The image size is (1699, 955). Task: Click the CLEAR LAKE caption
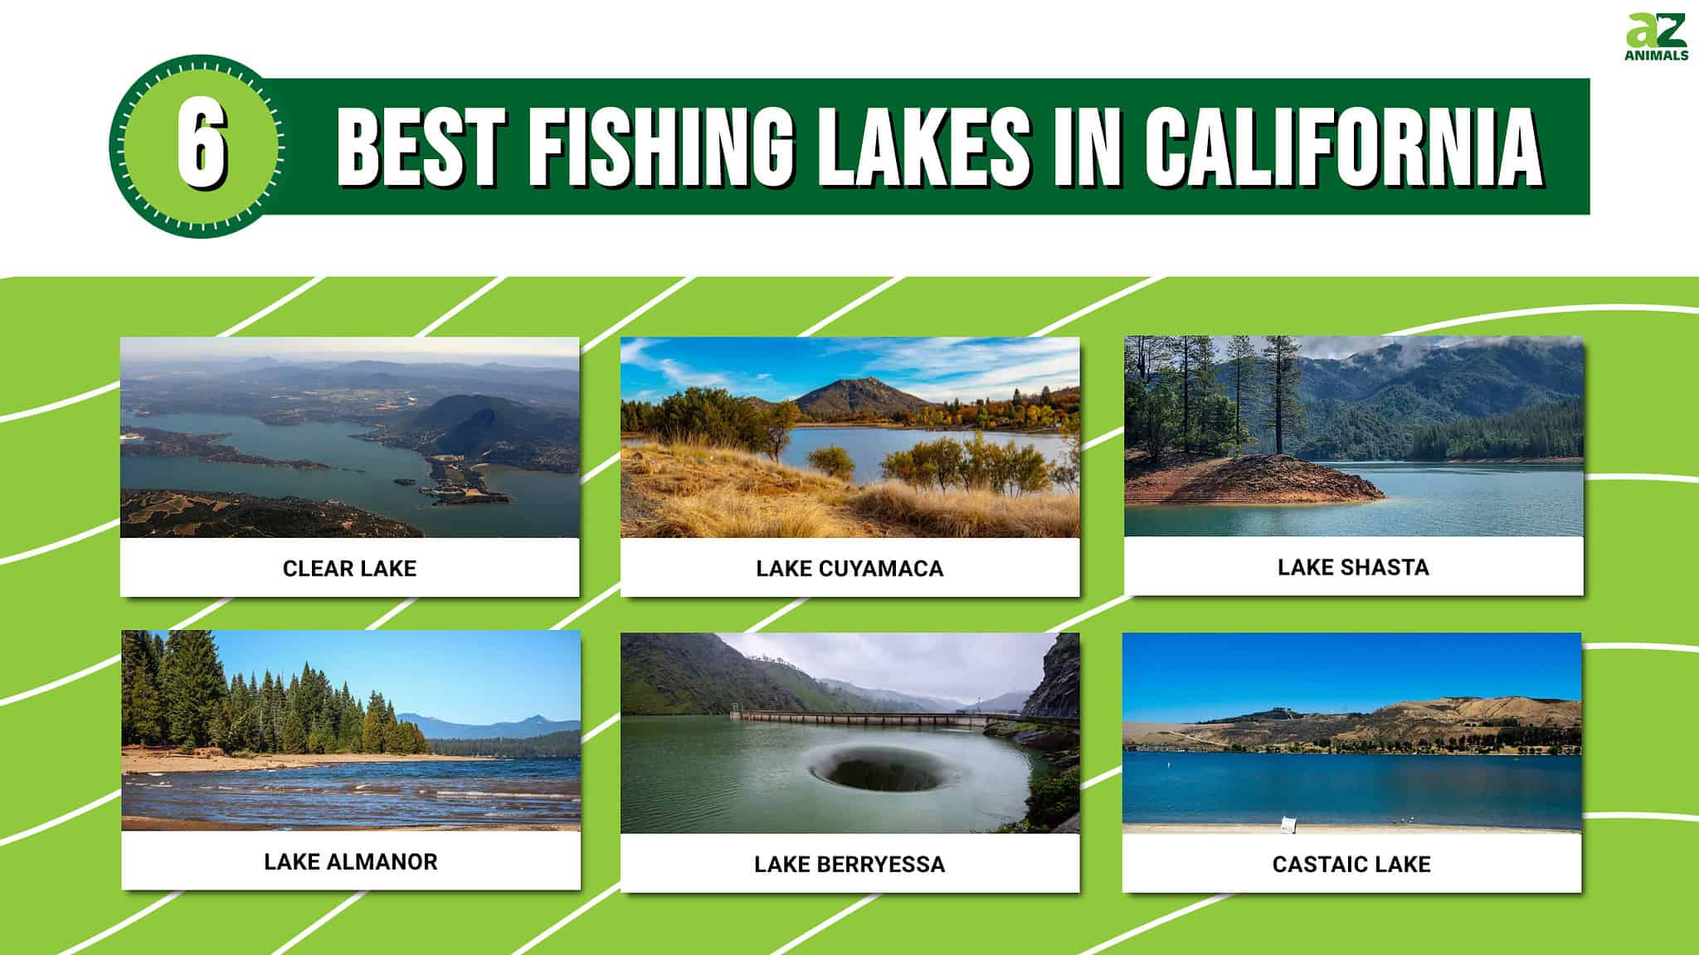click(x=349, y=569)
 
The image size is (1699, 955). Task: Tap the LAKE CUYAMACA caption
click(x=849, y=569)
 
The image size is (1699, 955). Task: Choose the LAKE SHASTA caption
click(x=1353, y=568)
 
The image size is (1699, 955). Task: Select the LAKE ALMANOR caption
click(x=351, y=862)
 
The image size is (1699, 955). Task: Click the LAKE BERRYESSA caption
click(x=849, y=865)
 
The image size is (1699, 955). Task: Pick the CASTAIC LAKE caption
click(x=1351, y=865)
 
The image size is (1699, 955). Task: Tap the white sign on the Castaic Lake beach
click(x=1288, y=824)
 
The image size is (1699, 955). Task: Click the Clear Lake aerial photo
click(x=349, y=437)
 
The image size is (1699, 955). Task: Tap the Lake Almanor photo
click(x=351, y=730)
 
